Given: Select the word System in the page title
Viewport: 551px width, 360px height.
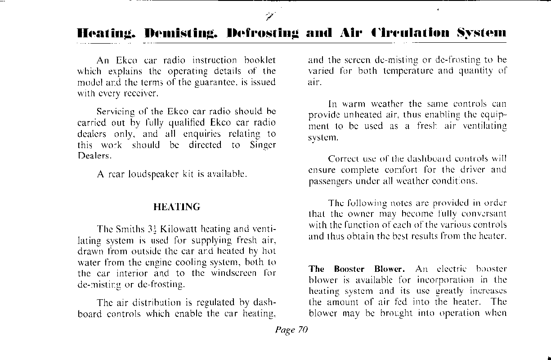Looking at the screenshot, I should tap(482, 33).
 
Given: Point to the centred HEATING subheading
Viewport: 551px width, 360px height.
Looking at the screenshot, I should tap(176, 207).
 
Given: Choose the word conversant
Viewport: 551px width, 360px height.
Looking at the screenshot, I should tap(483, 213).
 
